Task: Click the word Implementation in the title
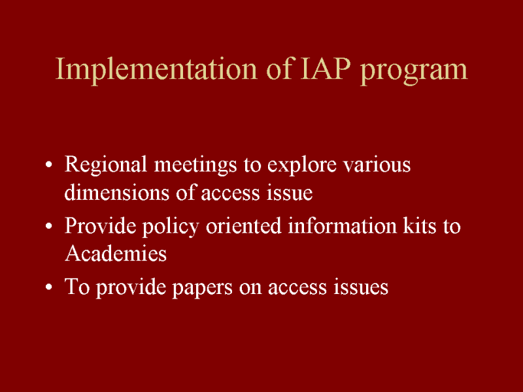[156, 70]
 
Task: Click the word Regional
[105, 166]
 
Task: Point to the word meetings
[195, 166]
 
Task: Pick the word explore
[301, 166]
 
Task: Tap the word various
[377, 165]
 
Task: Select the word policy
[171, 227]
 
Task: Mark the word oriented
[243, 225]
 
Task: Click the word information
[342, 225]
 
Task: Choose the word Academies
[116, 253]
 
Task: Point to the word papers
[202, 288]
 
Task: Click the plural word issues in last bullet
[361, 287]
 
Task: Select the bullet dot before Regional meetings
[48, 165]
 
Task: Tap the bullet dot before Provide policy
[48, 225]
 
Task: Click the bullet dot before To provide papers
[48, 287]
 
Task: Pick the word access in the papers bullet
[297, 288]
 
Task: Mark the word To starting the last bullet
[77, 286]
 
